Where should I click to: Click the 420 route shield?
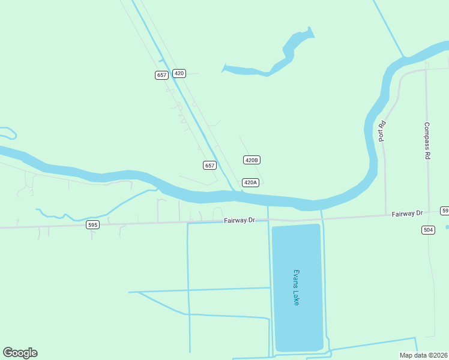[x=179, y=73]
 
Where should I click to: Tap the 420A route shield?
[x=250, y=182]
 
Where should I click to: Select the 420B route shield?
[x=252, y=160]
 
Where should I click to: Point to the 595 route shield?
[x=92, y=225]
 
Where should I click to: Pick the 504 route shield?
[x=428, y=230]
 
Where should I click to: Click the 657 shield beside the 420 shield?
[x=161, y=75]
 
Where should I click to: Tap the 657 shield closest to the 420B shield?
[x=209, y=166]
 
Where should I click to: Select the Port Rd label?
[x=381, y=131]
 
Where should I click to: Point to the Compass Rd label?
[x=427, y=140]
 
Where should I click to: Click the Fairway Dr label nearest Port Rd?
[x=408, y=214]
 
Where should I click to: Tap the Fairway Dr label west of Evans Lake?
[x=240, y=221]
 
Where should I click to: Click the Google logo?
[x=20, y=353]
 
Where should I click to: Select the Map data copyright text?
[x=424, y=355]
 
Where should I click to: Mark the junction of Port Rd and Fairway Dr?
[x=385, y=215]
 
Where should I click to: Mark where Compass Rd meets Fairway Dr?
[x=429, y=214]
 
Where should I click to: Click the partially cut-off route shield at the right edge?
[x=445, y=211]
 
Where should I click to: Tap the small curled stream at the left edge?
[x=8, y=131]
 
